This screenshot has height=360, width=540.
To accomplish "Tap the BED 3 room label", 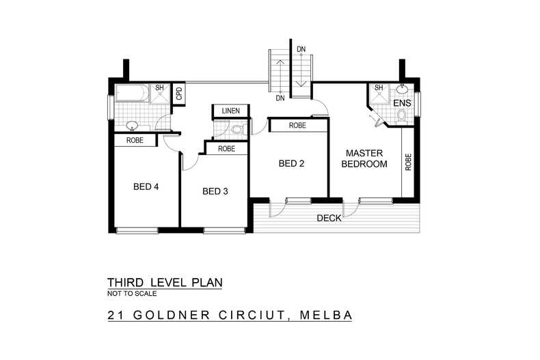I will pyautogui.click(x=215, y=191).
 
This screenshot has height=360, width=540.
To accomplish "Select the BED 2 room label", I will pyautogui.click(x=292, y=163).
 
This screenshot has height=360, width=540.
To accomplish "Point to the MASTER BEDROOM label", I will pyautogui.click(x=364, y=158).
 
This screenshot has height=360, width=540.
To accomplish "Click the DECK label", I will pyautogui.click(x=329, y=219).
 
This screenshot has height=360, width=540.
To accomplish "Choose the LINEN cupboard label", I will pyautogui.click(x=231, y=111).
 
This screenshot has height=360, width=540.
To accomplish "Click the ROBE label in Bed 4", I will pyautogui.click(x=134, y=140).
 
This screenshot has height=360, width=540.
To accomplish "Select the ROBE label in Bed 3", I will pyautogui.click(x=226, y=148).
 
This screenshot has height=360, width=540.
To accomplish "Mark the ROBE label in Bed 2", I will pyautogui.click(x=297, y=126).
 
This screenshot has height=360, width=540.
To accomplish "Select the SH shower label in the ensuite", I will pyautogui.click(x=378, y=88).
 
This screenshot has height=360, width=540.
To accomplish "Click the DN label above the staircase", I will pyautogui.click(x=301, y=49).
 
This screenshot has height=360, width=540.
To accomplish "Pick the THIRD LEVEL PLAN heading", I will pyautogui.click(x=165, y=282).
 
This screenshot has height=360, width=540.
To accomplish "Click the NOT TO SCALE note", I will pyautogui.click(x=132, y=294).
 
